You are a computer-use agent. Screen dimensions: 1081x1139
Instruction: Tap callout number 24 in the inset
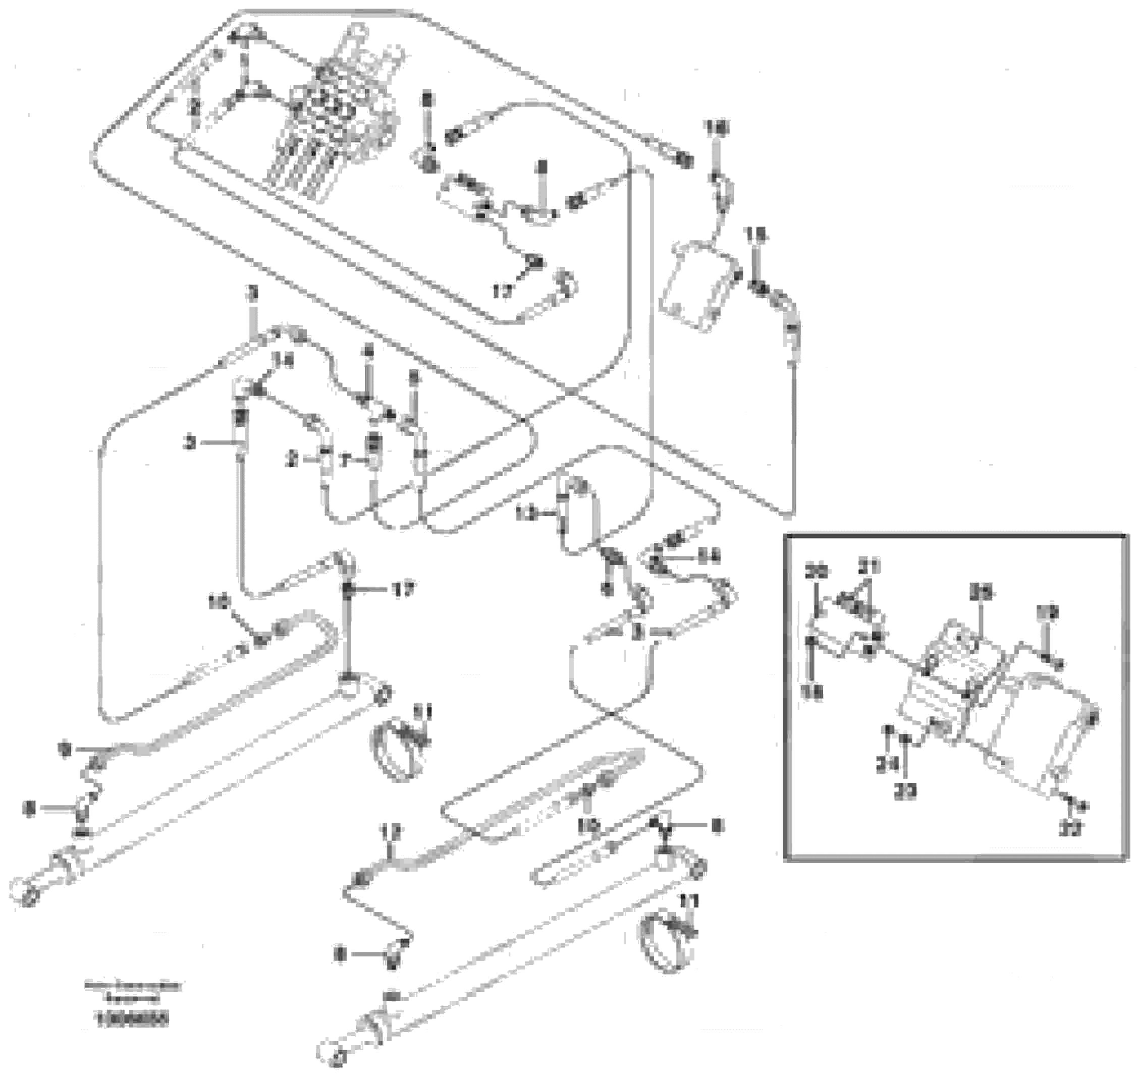click(887, 765)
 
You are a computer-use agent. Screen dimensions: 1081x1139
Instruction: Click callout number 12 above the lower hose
click(394, 831)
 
